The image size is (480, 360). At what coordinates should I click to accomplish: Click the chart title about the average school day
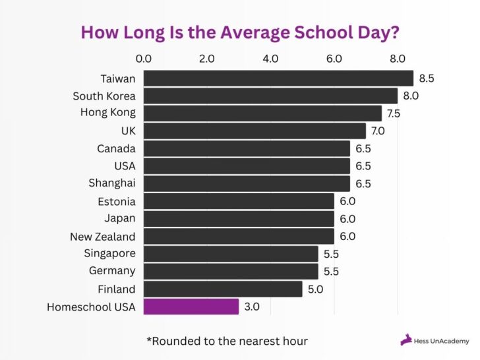coord(239,32)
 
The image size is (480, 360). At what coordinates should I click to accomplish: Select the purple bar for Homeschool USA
coord(191,307)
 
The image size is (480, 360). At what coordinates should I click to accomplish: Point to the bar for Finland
coord(223,289)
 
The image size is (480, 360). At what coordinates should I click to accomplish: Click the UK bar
coord(255,131)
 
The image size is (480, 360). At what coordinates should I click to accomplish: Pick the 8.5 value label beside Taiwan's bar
coord(426,78)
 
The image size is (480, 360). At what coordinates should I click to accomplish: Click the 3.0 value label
coord(252,307)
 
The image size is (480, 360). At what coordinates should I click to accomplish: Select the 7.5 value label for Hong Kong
coord(394,113)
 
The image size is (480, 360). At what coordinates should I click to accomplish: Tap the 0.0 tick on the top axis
coord(143,59)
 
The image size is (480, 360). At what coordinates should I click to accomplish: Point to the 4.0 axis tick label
coord(270,59)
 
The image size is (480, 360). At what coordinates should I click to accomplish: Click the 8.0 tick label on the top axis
coord(398,59)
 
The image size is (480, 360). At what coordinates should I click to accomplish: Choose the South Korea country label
coord(104,96)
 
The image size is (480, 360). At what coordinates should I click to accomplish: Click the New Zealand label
coord(103,236)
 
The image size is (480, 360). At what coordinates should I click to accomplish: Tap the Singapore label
coord(109,253)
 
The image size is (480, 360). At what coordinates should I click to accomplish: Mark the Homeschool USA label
coord(91,307)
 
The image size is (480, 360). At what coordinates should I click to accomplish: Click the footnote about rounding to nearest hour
coord(227,341)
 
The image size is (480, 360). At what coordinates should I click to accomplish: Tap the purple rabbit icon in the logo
coord(407,340)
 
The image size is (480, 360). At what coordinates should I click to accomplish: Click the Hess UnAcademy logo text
coord(442,341)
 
